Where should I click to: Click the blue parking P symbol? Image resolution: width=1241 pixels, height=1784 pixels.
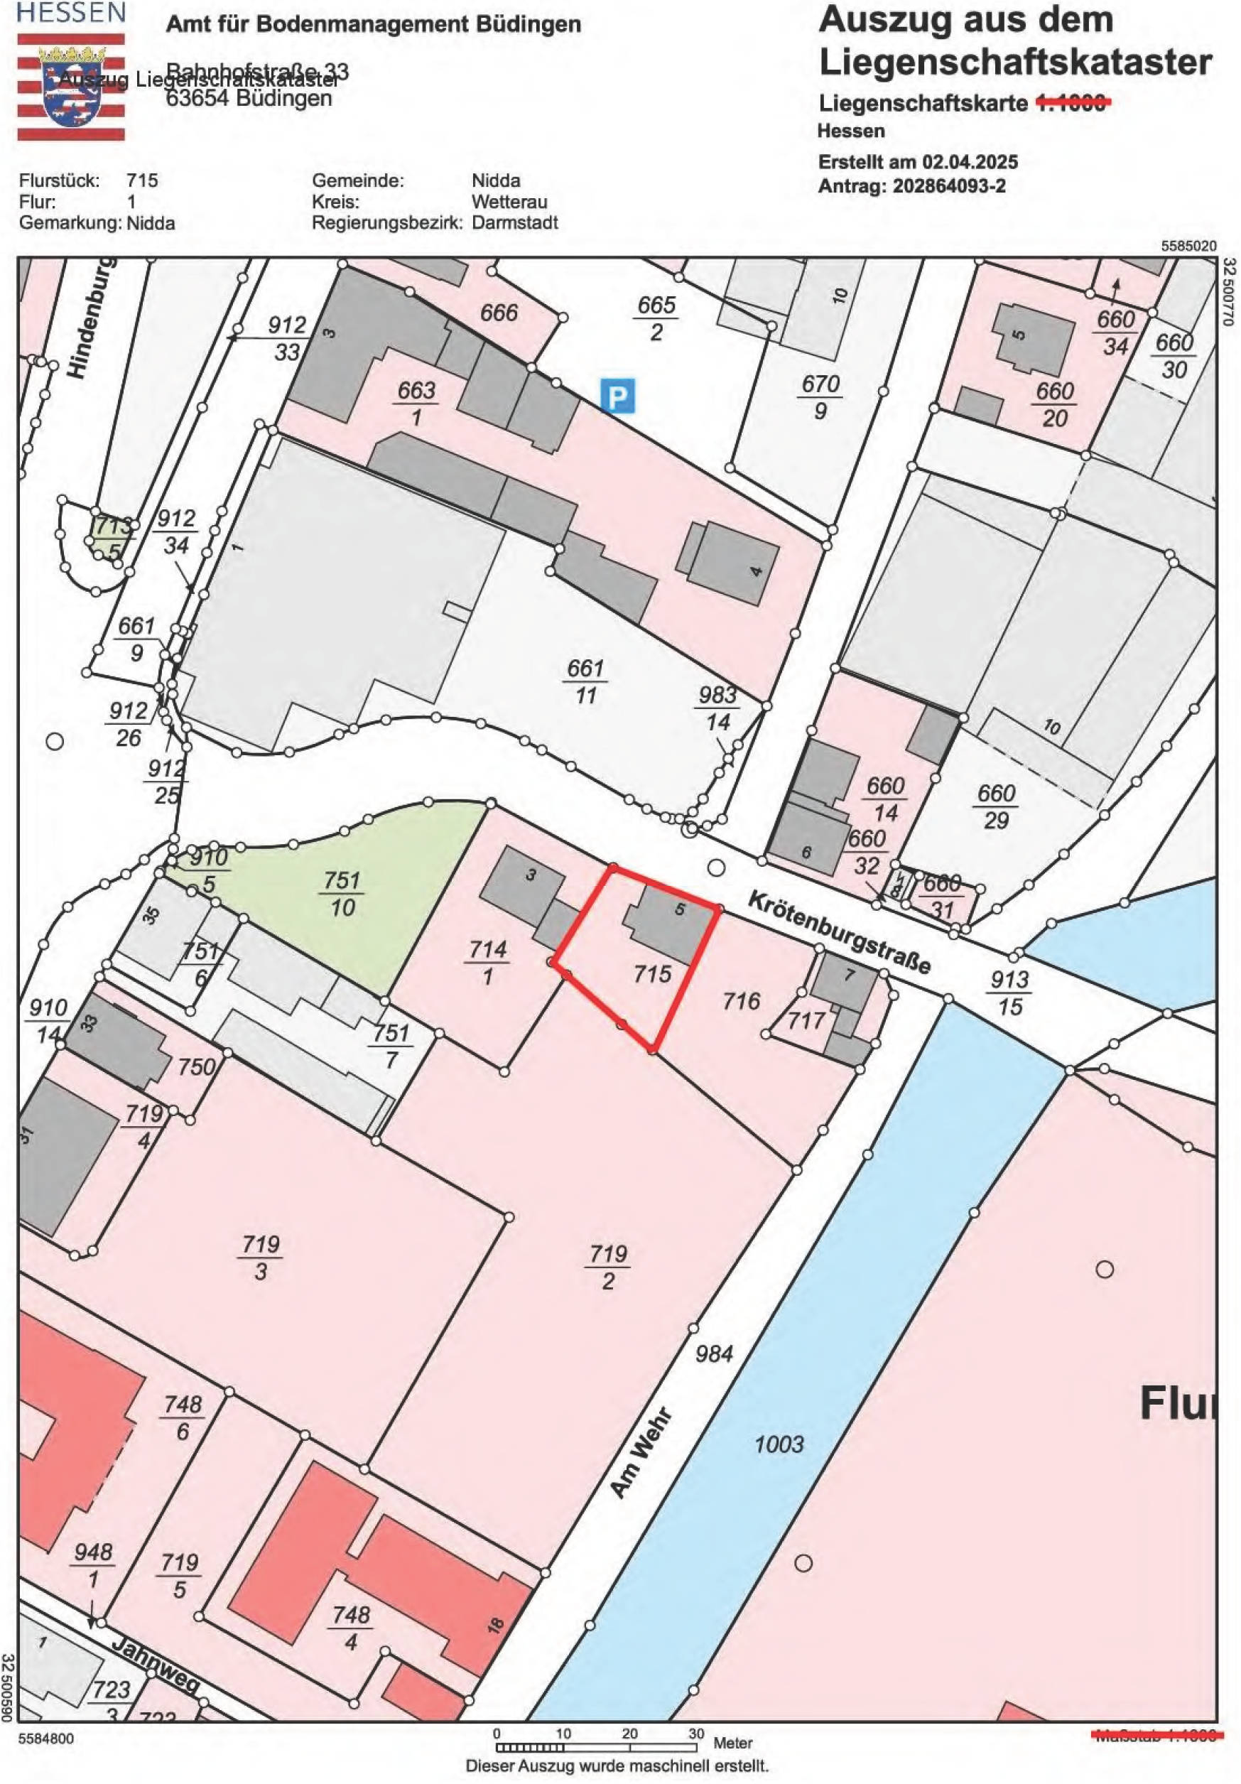[617, 396]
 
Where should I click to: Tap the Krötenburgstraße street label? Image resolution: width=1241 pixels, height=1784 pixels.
[838, 932]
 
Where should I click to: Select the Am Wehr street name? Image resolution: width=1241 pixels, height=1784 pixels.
[639, 1451]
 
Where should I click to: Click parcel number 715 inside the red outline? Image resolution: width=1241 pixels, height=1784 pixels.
[651, 973]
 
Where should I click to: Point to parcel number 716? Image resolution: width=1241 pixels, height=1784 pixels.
[741, 1000]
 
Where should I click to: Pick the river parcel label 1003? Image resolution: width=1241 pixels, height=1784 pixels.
[779, 1444]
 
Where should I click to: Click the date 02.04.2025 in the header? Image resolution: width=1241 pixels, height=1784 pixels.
[970, 163]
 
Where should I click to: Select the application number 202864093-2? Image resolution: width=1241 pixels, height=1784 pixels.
[950, 186]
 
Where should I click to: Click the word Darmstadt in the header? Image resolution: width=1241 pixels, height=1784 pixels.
[514, 223]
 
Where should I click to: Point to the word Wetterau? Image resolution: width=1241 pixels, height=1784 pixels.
[509, 202]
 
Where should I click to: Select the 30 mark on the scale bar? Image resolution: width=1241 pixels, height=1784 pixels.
[695, 1734]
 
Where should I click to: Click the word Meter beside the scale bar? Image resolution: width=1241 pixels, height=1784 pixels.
[733, 1743]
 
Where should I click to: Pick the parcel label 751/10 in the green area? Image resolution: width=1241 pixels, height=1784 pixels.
[342, 893]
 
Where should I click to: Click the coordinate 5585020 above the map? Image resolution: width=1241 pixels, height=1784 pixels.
[1188, 246]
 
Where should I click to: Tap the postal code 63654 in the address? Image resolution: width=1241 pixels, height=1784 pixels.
[198, 99]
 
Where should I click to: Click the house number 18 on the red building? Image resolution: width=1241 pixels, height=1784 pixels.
[495, 1624]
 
